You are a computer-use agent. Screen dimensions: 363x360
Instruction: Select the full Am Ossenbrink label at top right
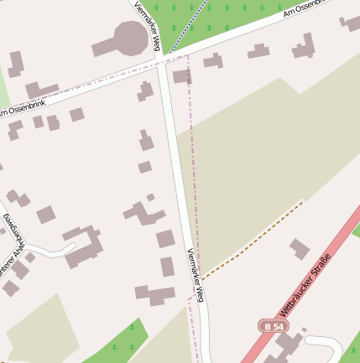[x=307, y=8]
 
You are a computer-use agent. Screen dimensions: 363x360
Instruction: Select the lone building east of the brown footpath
[x=300, y=249]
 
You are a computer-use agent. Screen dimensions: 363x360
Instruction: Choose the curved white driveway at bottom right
[x=327, y=343]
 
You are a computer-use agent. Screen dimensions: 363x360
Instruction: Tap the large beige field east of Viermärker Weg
[x=252, y=151]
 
